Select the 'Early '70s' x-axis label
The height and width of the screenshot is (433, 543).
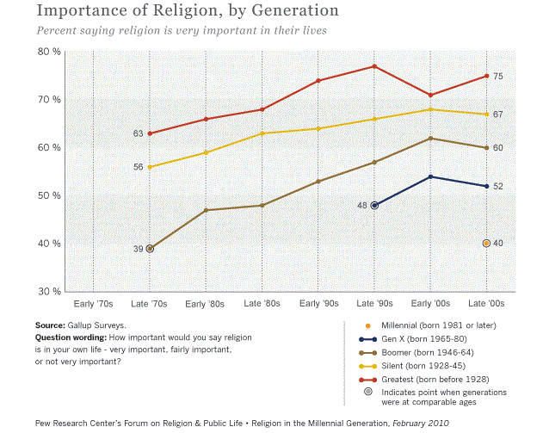point(93,304)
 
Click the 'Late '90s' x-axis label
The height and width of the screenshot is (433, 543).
point(374,304)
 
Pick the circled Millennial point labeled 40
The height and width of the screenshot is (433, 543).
point(487,244)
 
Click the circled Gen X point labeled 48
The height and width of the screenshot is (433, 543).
point(374,205)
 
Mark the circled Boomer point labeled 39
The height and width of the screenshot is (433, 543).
point(150,249)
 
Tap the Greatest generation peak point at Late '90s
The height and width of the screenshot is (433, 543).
point(374,66)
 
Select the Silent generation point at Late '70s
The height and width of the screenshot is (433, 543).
point(150,167)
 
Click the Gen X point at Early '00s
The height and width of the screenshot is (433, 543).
point(430,176)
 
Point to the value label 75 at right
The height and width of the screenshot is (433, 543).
point(498,77)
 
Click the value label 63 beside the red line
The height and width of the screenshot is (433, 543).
point(138,133)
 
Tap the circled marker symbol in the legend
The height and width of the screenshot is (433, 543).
point(368,393)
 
